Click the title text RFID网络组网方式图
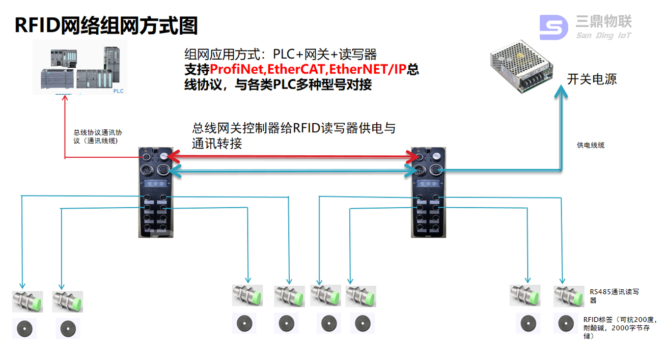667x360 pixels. coord(106,25)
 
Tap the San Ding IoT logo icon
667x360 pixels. coord(553,27)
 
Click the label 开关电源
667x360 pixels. coord(592,79)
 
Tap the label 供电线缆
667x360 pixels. coord(591,146)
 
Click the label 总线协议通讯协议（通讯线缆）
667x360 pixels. coord(98,136)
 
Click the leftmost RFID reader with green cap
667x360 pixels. coord(27,301)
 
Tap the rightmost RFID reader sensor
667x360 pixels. coord(569,296)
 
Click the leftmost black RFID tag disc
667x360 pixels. coord(24,328)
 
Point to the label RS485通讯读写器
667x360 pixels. coord(614,296)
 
